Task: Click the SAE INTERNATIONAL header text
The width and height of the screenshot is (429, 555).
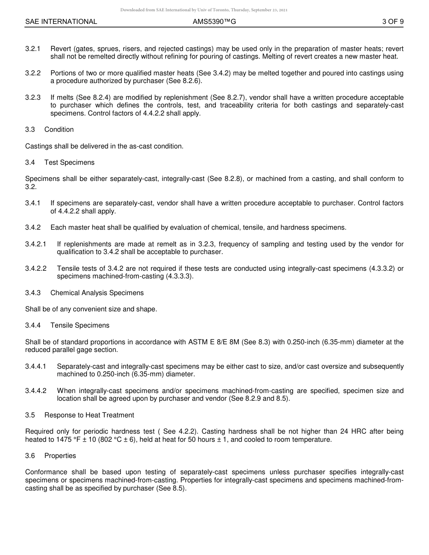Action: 61,22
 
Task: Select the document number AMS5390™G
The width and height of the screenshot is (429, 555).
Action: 214,22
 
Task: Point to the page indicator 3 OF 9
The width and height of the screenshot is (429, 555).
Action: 392,22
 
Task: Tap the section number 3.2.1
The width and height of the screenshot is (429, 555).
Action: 33,49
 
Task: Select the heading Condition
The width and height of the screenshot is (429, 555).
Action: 59,129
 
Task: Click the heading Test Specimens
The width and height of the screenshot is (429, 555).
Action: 69,162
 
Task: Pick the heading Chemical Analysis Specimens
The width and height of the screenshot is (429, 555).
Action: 97,293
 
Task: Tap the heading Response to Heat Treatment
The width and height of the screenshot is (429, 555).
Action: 89,415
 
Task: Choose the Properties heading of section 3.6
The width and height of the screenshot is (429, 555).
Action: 60,456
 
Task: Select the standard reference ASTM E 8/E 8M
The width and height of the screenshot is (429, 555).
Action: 213,342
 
